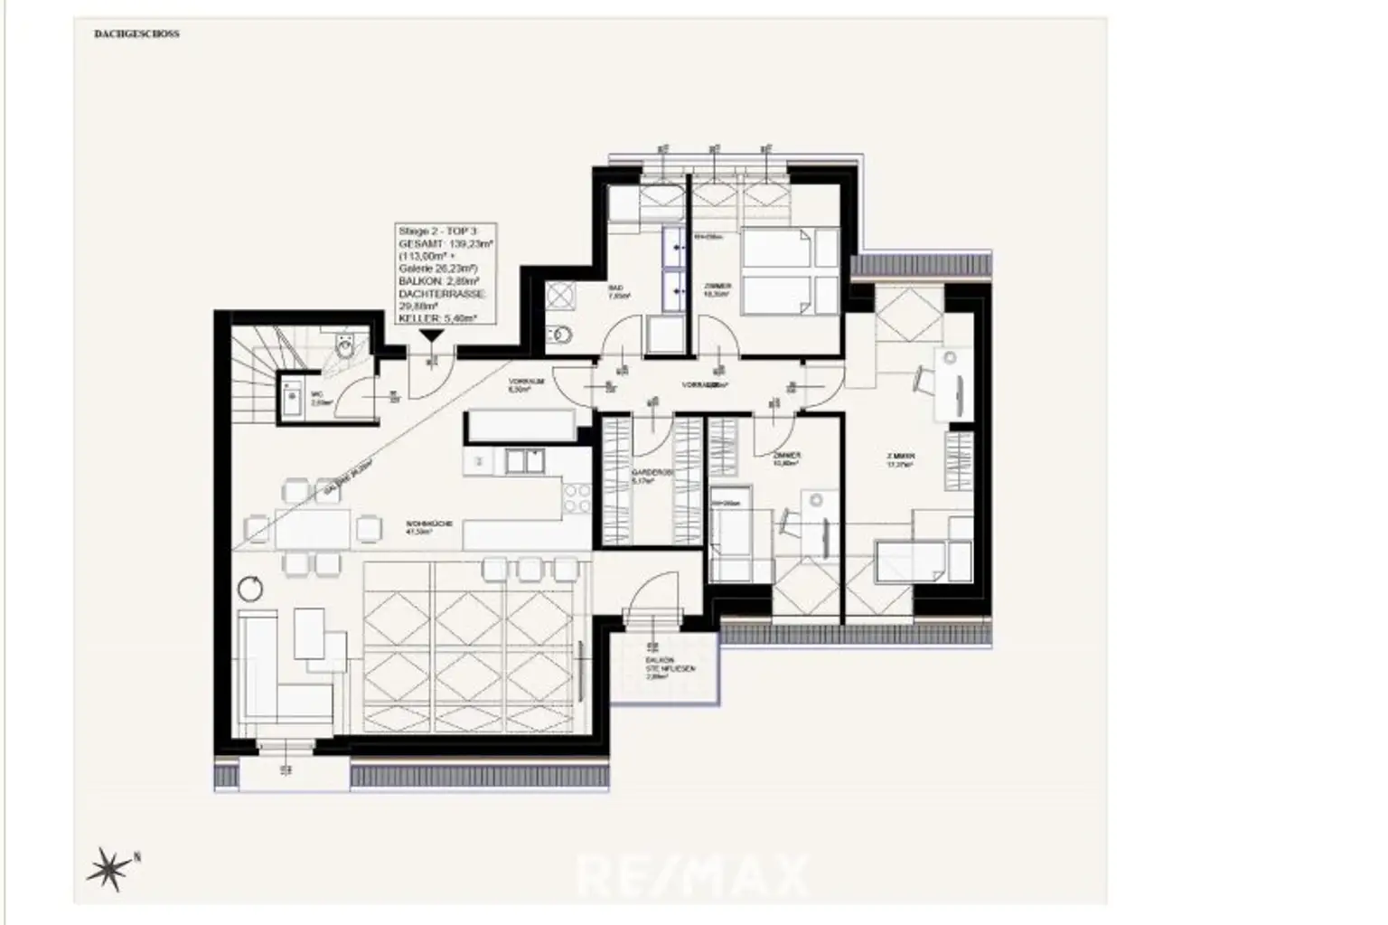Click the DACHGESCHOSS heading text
click(x=136, y=34)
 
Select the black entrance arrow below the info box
click(x=431, y=335)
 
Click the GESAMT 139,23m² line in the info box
click(x=445, y=244)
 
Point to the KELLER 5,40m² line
click(x=437, y=318)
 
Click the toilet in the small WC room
click(x=345, y=345)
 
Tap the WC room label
click(x=316, y=399)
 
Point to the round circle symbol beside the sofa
click(x=250, y=588)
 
